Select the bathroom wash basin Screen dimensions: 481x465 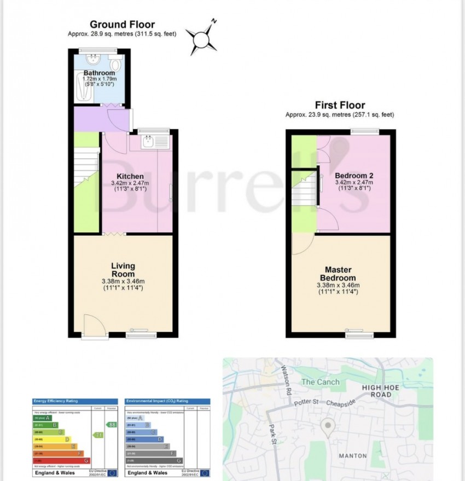[x=94, y=59]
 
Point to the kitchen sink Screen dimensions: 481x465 [x=148, y=142]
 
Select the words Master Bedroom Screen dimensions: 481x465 [x=338, y=274]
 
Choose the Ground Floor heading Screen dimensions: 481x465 [x=122, y=25]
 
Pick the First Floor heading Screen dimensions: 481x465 [x=339, y=106]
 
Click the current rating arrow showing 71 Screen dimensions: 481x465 [x=99, y=435]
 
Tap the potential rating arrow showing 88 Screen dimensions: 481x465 [x=111, y=424]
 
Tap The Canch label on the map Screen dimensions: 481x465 [x=321, y=382]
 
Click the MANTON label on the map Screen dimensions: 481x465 [x=353, y=455]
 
